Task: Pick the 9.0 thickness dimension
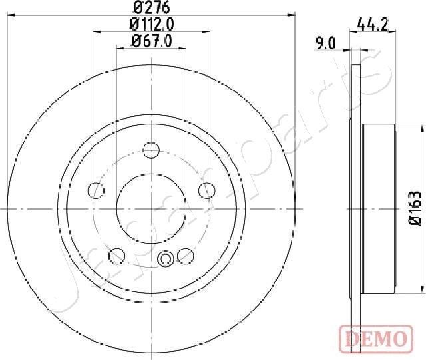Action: tap(325, 45)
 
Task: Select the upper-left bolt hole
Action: tap(97, 191)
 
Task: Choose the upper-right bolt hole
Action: tap(206, 191)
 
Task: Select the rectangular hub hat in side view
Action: tap(379, 208)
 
